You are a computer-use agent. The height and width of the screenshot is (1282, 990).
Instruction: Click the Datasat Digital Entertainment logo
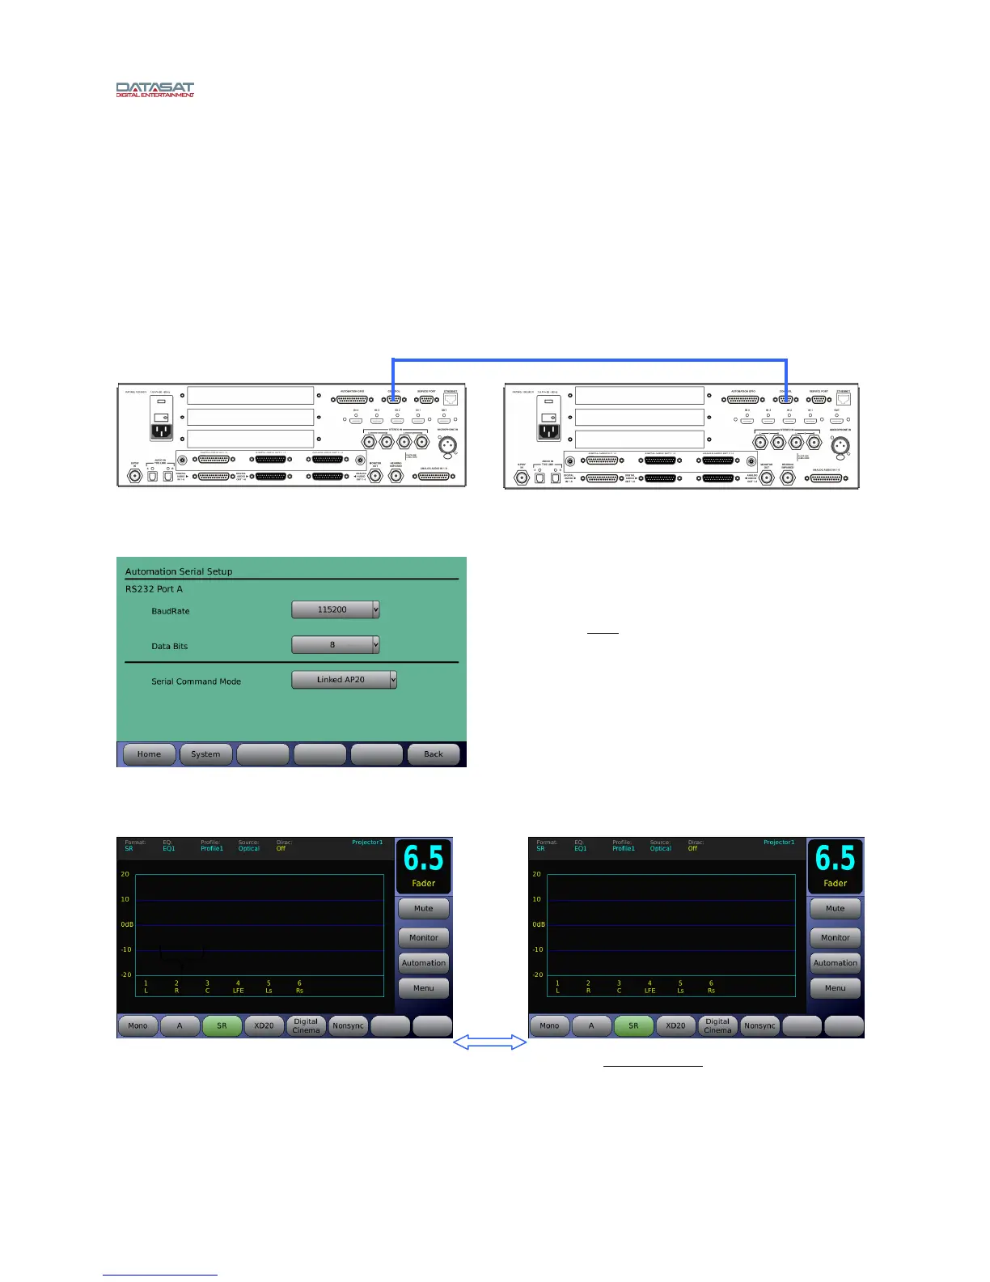tap(154, 89)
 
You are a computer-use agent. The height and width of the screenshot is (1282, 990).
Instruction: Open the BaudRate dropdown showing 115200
tap(335, 609)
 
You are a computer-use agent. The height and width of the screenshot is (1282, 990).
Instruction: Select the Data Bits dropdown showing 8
tap(335, 644)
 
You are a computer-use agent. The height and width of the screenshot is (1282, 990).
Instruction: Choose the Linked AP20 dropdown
tap(344, 680)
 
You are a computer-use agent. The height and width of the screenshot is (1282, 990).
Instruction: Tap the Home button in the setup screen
tap(149, 754)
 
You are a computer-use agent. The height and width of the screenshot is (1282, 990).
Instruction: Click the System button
tap(205, 754)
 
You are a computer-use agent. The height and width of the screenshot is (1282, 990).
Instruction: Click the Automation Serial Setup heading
tap(179, 571)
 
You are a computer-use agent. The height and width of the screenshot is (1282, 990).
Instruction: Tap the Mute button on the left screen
tap(423, 908)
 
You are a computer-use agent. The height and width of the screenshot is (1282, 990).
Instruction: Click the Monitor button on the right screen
tap(835, 937)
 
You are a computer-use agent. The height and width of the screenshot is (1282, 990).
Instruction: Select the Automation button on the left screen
tap(423, 963)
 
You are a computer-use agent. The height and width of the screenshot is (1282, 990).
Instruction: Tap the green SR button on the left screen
tap(222, 1025)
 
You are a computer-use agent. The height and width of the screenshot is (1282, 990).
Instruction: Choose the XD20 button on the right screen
tap(675, 1025)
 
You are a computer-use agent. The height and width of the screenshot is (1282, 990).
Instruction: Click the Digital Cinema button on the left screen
tap(306, 1025)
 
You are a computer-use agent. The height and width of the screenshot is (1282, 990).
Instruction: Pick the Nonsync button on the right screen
tap(759, 1025)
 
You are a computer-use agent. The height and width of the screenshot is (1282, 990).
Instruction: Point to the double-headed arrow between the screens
tap(489, 1042)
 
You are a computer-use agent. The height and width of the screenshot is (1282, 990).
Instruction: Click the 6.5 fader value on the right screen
tap(835, 859)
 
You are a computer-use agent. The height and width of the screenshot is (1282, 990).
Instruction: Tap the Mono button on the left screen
tap(137, 1025)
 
